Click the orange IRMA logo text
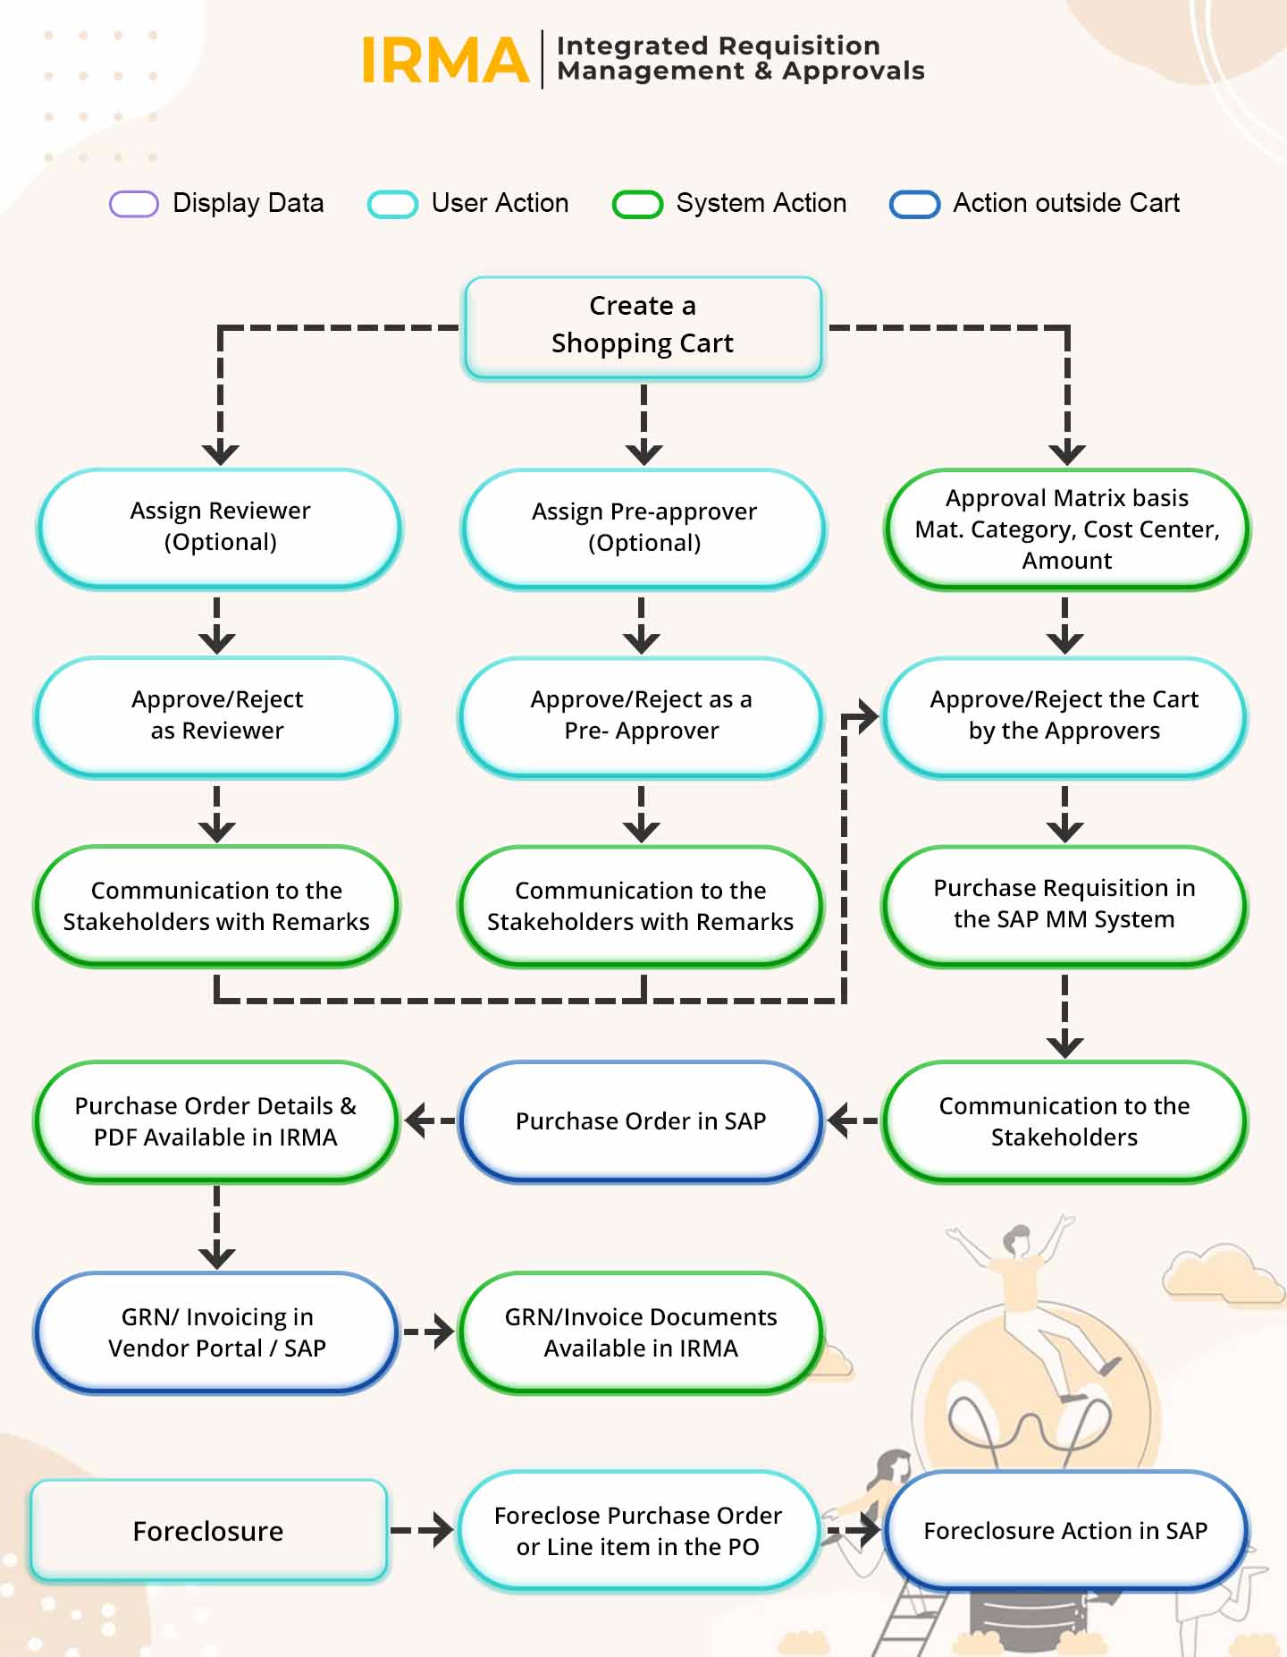point(444,60)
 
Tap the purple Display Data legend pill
point(134,204)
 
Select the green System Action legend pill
point(637,204)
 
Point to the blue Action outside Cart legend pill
point(914,204)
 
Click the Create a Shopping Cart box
point(643,326)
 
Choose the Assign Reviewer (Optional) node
point(220,528)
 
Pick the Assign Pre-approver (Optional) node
point(643,528)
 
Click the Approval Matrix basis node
point(1066,528)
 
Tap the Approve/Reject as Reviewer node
point(216,715)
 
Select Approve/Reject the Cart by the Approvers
point(1064,715)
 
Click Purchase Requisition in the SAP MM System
point(1064,904)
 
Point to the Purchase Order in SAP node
point(641,1121)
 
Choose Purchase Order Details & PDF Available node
point(215,1121)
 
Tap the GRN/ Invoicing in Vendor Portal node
point(216,1332)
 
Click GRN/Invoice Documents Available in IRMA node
point(641,1332)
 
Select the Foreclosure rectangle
point(208,1531)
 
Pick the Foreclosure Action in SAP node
point(1064,1531)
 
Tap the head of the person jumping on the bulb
point(1016,1240)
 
